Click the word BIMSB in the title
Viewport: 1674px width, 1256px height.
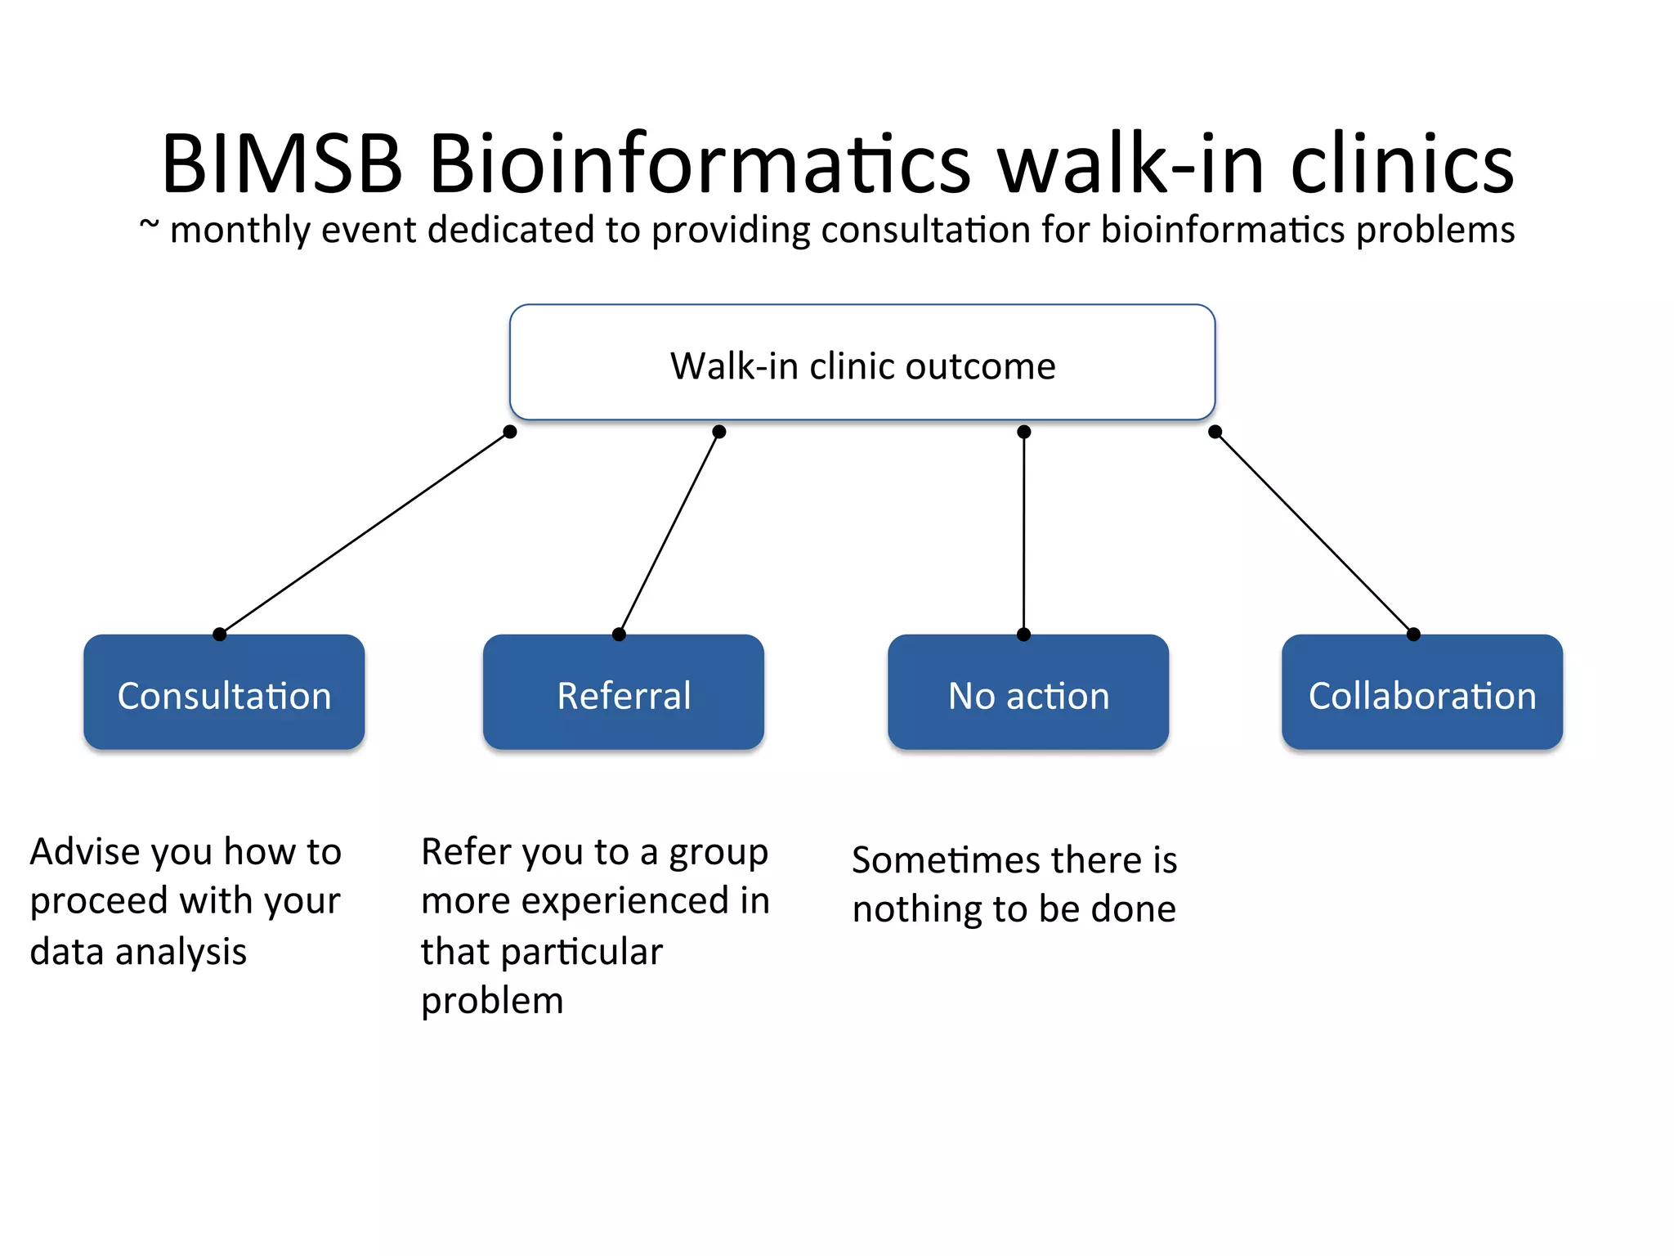coord(282,164)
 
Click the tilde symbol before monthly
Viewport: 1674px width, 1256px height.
coord(149,223)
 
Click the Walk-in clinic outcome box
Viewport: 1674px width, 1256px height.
coord(862,363)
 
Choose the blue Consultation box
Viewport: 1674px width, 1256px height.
coord(224,693)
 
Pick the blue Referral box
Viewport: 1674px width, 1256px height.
coord(623,693)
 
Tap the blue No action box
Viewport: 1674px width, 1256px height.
coord(1027,693)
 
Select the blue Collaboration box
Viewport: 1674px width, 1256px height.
coord(1421,693)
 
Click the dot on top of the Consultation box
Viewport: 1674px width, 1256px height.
coord(219,635)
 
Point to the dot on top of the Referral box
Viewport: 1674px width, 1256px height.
coord(619,635)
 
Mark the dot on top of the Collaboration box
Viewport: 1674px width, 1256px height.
coord(1413,635)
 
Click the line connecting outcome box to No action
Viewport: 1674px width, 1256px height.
coord(1023,532)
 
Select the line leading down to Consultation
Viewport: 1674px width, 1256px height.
coord(364,533)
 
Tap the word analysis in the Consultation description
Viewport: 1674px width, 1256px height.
coord(181,952)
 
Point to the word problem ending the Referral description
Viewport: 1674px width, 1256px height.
coord(492,1001)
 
